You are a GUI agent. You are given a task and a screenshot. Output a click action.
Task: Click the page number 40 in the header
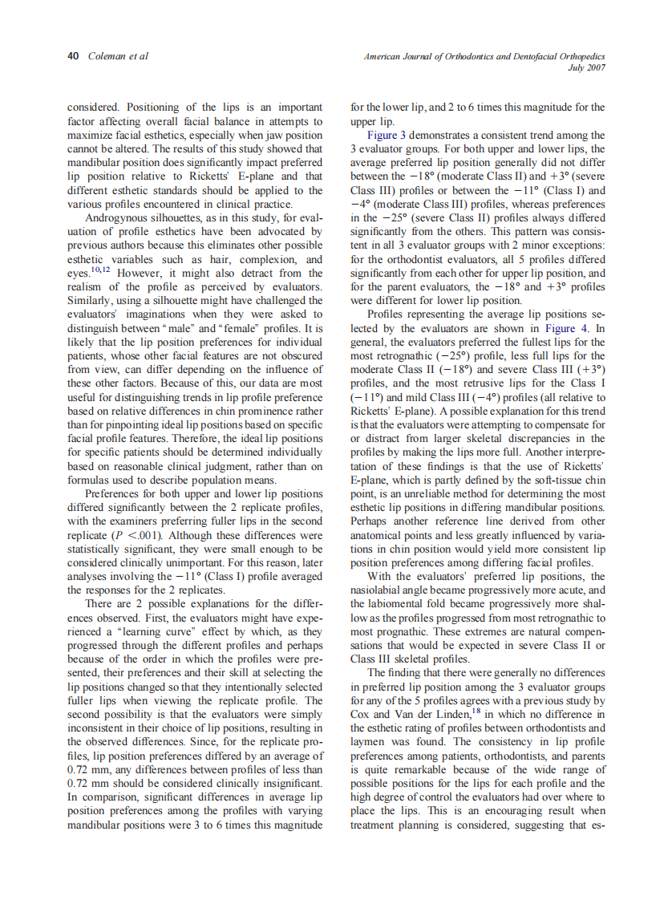(x=71, y=56)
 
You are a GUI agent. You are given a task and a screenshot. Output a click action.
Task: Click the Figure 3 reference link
(x=390, y=135)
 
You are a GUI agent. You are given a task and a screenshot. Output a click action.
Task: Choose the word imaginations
(x=170, y=314)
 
